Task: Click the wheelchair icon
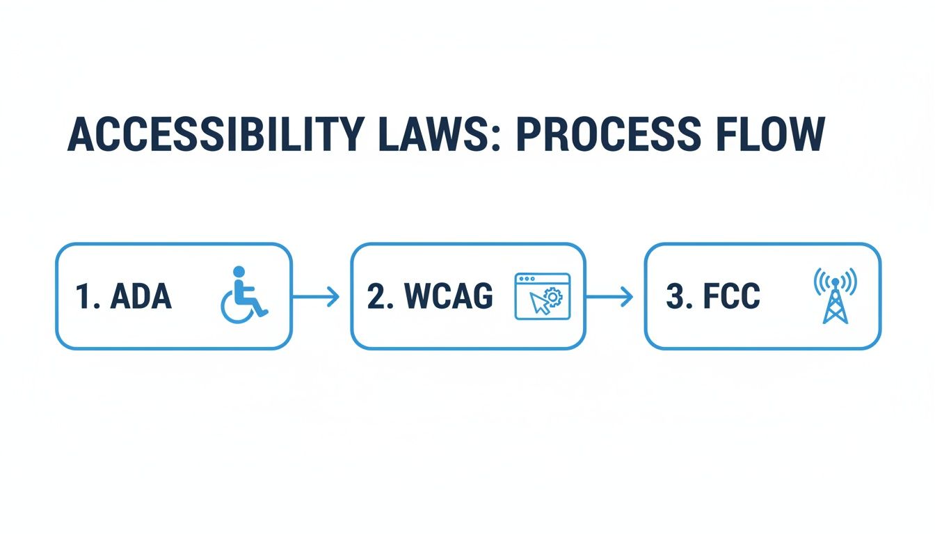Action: (x=244, y=296)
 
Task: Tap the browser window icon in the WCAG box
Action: (x=542, y=296)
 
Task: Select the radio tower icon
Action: (x=835, y=296)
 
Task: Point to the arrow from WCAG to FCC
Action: (x=609, y=298)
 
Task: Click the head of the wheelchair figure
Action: (x=239, y=271)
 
